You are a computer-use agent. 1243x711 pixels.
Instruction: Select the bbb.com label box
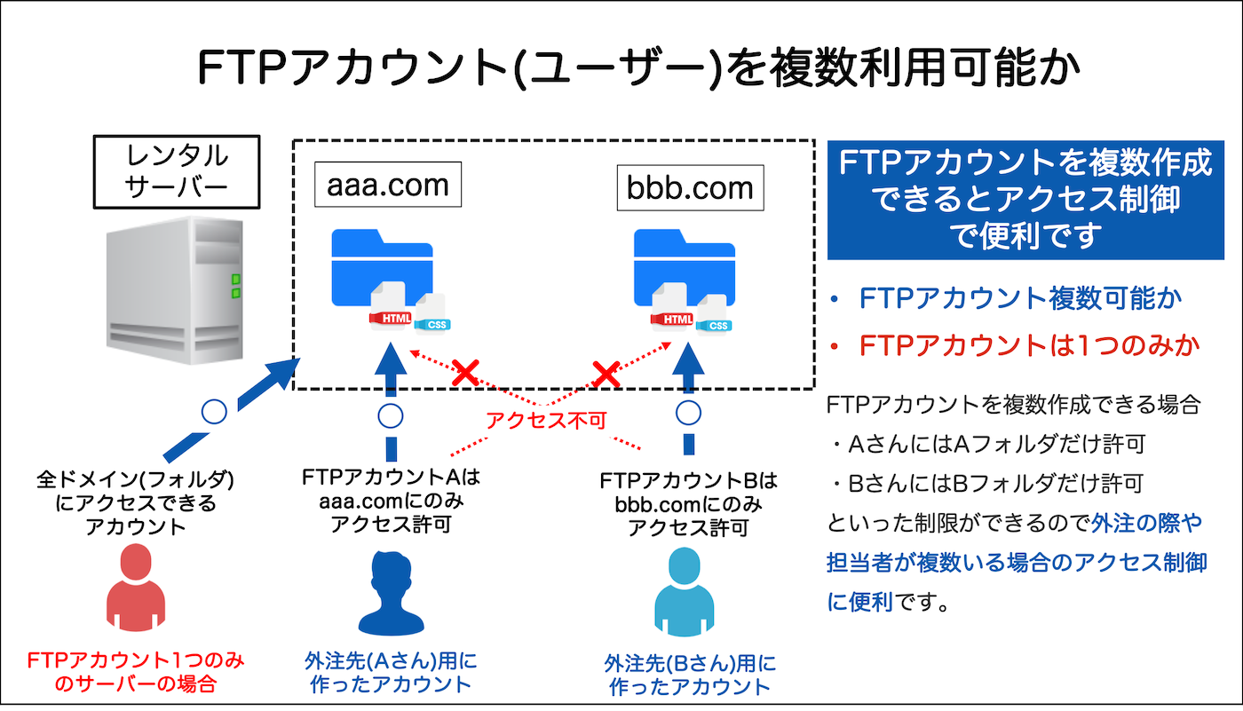690,188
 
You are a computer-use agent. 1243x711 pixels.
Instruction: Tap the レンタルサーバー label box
177,171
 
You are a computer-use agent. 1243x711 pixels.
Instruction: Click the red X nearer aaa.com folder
465,374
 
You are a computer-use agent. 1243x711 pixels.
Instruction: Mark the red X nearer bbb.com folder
606,374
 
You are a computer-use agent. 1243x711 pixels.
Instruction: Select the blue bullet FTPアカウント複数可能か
1019,298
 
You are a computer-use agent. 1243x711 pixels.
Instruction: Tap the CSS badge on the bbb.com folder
717,326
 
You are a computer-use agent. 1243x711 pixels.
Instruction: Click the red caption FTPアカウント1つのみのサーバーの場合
136,672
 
